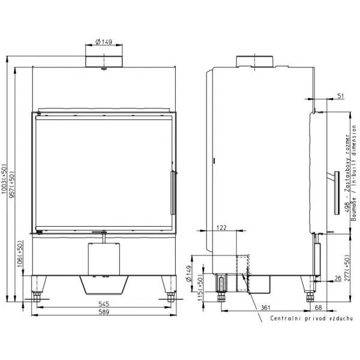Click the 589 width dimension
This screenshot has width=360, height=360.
[104, 312]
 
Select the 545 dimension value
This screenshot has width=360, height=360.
[104, 304]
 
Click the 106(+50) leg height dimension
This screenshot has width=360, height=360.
[20, 254]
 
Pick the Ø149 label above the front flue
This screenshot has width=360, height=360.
[104, 42]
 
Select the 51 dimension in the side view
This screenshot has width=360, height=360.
[341, 96]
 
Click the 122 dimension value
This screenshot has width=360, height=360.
[221, 227]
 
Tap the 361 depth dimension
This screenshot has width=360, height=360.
[265, 307]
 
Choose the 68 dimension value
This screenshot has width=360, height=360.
[319, 307]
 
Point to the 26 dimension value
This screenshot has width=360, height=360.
[338, 278]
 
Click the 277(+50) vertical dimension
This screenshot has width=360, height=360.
[347, 268]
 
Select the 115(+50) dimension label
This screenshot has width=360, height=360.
[200, 287]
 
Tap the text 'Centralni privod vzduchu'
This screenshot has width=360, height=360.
[311, 319]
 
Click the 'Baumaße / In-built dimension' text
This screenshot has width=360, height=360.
[354, 173]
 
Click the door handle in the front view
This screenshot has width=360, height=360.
[173, 193]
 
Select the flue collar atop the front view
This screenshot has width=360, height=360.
[104, 61]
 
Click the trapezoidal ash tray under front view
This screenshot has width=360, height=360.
[104, 285]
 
